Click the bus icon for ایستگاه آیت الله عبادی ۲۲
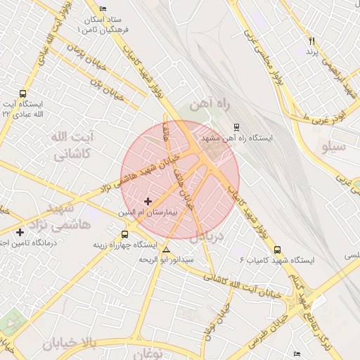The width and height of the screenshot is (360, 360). click(23, 94)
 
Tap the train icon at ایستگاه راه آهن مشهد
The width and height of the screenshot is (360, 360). click(236, 127)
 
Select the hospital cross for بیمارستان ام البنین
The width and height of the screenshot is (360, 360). click(148, 201)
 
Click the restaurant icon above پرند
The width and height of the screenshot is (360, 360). click(312, 41)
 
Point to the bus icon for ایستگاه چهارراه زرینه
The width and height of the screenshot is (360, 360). click(124, 234)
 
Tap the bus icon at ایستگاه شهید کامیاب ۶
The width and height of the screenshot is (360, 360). click(276, 249)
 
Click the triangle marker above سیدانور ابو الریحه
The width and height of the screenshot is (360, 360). click(166, 250)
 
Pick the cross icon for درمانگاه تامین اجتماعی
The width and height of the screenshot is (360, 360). click(20, 232)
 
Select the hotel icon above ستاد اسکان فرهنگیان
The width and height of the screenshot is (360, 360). click(104, 8)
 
